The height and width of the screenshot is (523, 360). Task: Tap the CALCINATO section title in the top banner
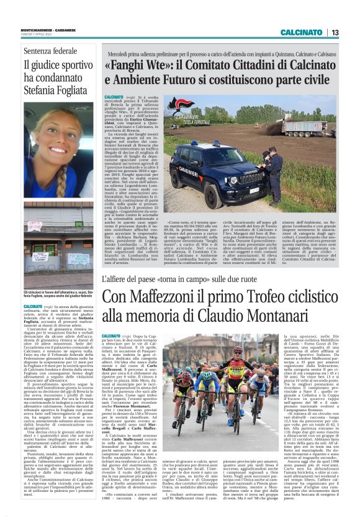click(301, 32)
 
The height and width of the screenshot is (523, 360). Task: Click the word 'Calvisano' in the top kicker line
click(317, 54)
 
